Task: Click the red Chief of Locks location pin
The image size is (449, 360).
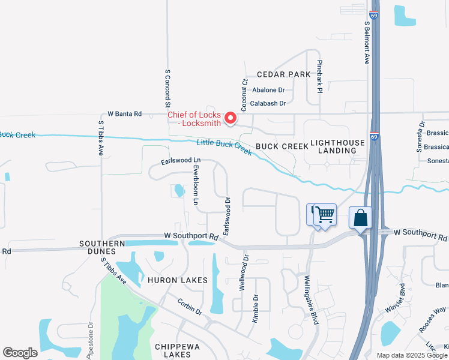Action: (230, 119)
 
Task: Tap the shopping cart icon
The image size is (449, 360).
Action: (325, 215)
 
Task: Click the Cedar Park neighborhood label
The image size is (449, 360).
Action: (283, 74)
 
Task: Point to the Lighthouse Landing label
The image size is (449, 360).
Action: (337, 146)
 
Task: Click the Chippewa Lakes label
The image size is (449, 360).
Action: (181, 351)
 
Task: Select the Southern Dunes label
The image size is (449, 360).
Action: (102, 244)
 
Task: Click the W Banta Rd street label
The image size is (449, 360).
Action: (124, 113)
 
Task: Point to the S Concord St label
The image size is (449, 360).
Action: (167, 88)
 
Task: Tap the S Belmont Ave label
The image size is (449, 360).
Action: (367, 42)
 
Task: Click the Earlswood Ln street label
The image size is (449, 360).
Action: (180, 161)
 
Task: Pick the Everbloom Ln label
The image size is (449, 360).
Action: (195, 186)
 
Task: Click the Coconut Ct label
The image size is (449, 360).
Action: (244, 95)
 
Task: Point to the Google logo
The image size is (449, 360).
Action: (20, 353)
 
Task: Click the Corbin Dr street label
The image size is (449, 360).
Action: (190, 306)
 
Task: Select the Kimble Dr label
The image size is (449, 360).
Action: (255, 308)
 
